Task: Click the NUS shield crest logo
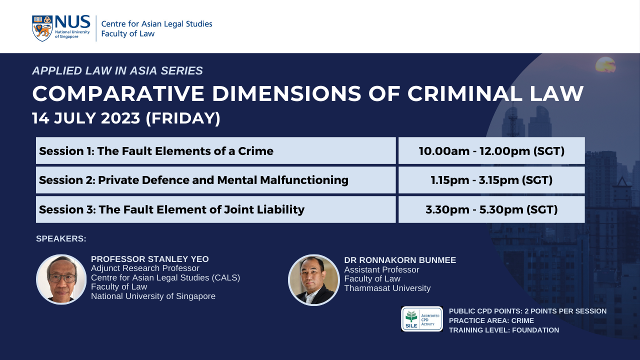[42, 28]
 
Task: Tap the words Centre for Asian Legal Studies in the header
[156, 23]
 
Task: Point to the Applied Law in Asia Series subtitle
[117, 70]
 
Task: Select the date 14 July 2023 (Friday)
[126, 118]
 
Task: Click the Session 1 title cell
[215, 150]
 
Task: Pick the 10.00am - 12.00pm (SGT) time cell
[491, 150]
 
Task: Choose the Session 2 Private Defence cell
[215, 180]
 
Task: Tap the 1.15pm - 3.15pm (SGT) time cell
[491, 180]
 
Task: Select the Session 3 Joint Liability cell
[215, 209]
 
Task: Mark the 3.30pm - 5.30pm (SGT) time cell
[491, 209]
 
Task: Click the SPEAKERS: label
[61, 238]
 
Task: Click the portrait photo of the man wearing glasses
[61, 279]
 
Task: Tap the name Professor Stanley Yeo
[149, 259]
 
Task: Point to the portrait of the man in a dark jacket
[313, 280]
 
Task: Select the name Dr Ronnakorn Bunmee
[400, 260]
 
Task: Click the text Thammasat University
[387, 288]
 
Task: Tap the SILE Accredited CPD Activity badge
[422, 319]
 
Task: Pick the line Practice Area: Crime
[491, 320]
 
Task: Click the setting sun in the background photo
[605, 64]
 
